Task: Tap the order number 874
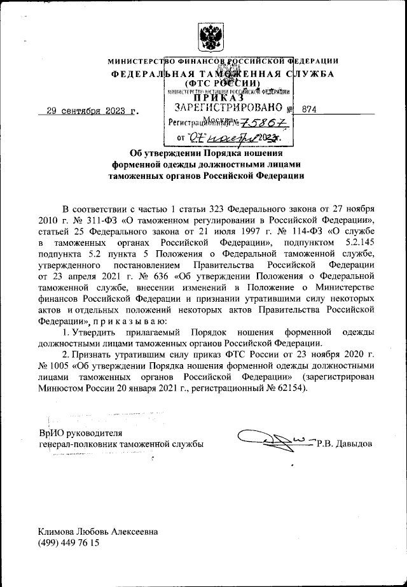tap(310, 110)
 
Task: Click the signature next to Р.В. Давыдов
tap(273, 438)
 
